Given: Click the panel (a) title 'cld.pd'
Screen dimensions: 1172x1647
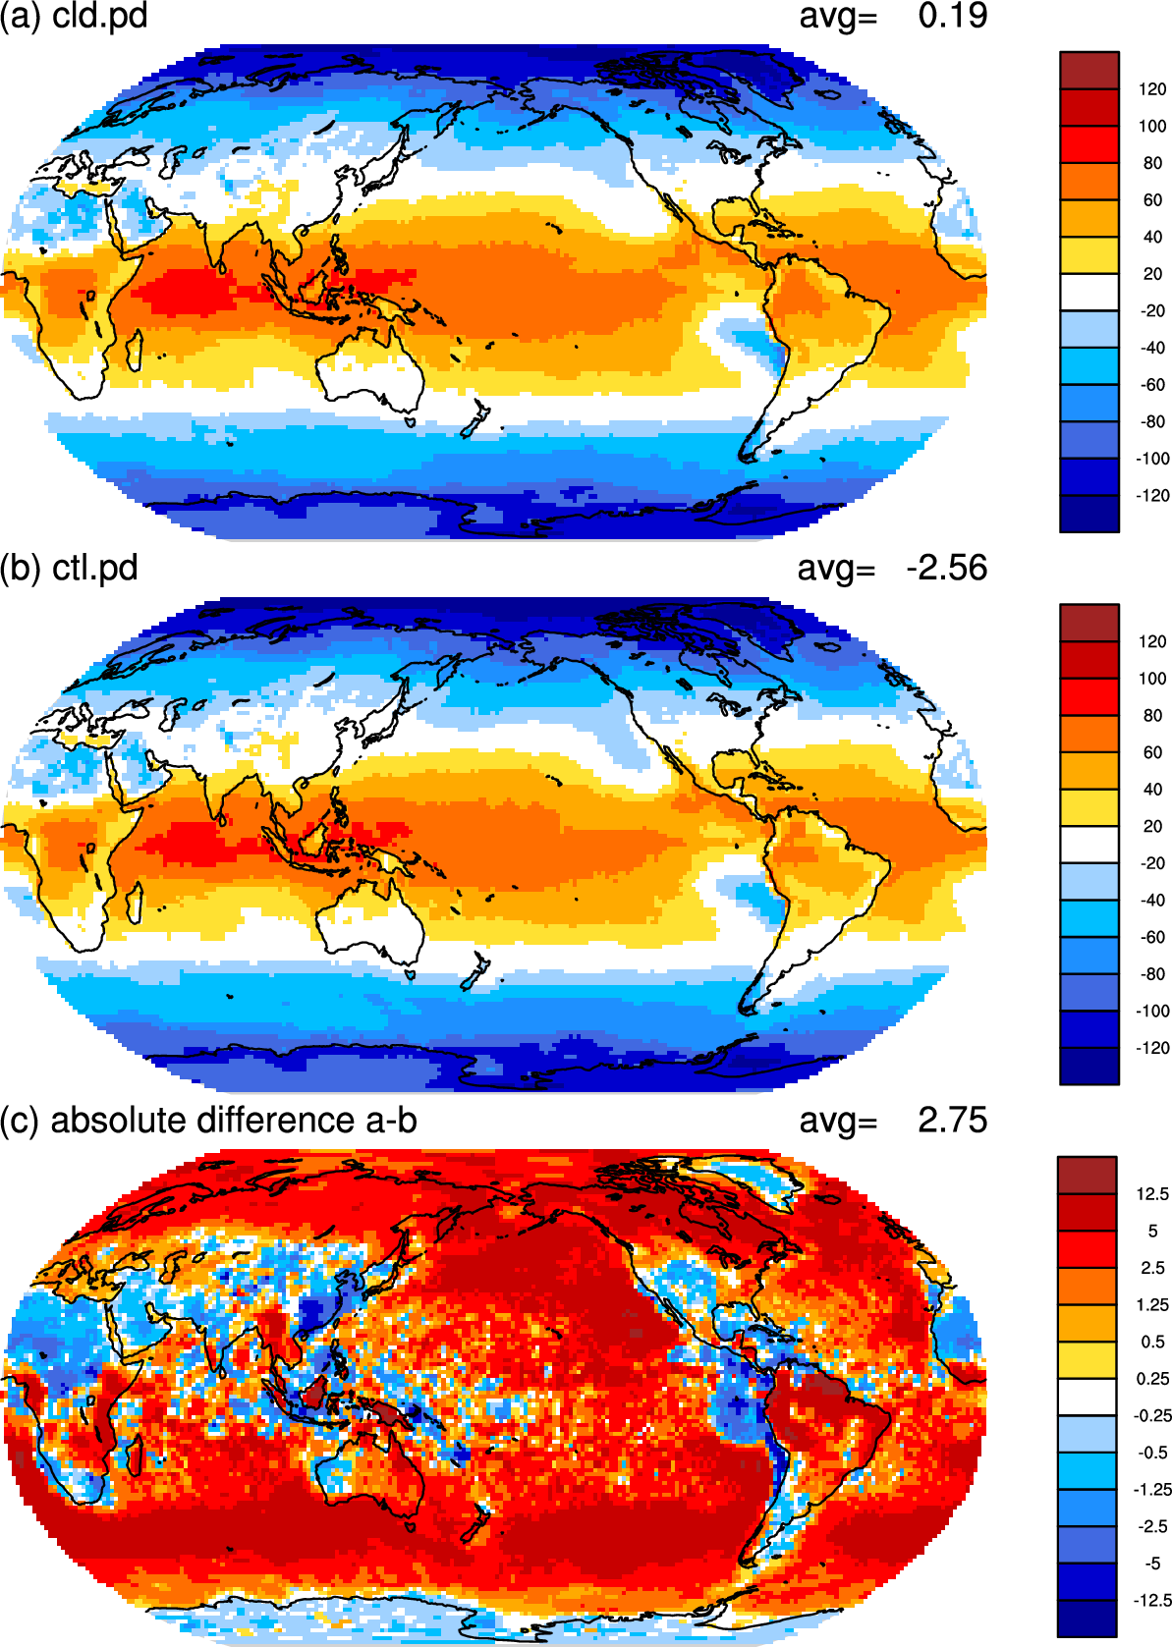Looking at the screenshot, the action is tap(99, 16).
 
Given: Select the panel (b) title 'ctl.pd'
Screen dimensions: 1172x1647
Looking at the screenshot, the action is tap(95, 569).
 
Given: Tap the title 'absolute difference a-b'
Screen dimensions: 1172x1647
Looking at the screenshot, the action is tap(234, 1121).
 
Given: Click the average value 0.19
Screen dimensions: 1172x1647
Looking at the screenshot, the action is tap(952, 16).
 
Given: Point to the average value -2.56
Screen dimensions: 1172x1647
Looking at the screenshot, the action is tap(947, 569).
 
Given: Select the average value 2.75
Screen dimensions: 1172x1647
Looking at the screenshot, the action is tap(952, 1121).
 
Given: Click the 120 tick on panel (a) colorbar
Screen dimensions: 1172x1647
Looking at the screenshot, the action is tap(1152, 89).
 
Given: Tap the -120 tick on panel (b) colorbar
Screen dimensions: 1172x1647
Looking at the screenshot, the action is tap(1152, 1048).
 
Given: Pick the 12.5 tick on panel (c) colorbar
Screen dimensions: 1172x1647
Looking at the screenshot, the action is tap(1152, 1194).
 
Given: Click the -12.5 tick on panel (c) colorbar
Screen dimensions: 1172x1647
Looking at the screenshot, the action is tap(1152, 1600).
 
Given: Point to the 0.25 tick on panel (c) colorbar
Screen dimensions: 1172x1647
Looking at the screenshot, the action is tap(1152, 1379).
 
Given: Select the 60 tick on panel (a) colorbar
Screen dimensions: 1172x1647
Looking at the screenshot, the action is tap(1152, 200).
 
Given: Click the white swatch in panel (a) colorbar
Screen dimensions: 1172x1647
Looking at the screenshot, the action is tap(1088, 292).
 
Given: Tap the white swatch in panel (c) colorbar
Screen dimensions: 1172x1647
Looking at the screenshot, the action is tap(1087, 1397).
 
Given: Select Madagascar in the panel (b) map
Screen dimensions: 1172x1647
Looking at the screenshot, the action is tap(134, 904).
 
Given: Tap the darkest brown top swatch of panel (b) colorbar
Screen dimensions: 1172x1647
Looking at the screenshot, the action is tap(1088, 624).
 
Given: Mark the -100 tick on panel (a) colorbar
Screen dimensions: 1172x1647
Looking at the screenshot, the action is tap(1152, 459).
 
